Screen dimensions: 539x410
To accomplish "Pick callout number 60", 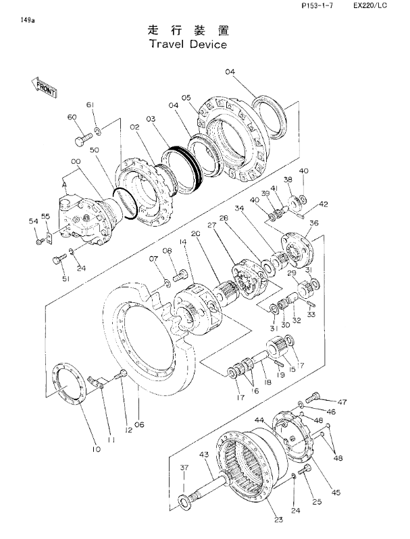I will coord(73,117).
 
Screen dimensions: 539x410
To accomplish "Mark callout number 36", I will coord(313,224).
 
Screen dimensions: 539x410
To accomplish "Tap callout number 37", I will coord(184,467).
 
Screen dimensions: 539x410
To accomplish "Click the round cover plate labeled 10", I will coord(70,385).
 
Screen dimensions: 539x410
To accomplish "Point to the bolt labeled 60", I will coord(81,140).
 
